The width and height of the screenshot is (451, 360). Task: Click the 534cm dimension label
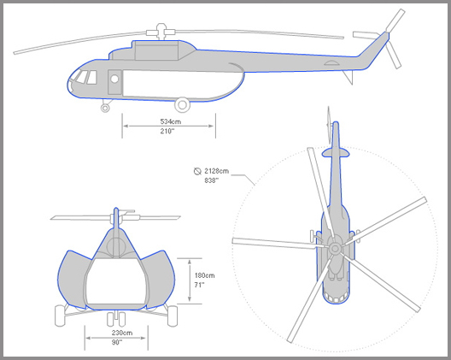(x=171, y=121)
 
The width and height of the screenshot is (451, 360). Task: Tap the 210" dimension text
(x=167, y=131)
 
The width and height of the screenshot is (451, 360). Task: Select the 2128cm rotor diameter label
(x=217, y=171)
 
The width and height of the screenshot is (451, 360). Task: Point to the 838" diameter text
(x=212, y=180)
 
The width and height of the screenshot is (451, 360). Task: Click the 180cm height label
(x=204, y=275)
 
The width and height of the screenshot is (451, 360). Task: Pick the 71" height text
(x=199, y=285)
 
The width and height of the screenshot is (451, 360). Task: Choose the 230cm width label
(x=122, y=333)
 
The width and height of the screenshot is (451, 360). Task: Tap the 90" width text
(x=117, y=342)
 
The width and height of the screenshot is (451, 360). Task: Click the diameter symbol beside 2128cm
(x=197, y=171)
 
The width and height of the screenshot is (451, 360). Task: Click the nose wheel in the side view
(x=105, y=108)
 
